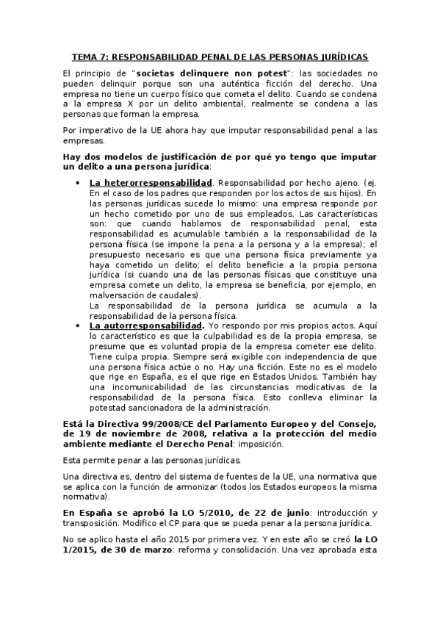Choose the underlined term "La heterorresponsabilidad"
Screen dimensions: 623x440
pos(151,182)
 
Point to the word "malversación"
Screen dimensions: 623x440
pos(118,294)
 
